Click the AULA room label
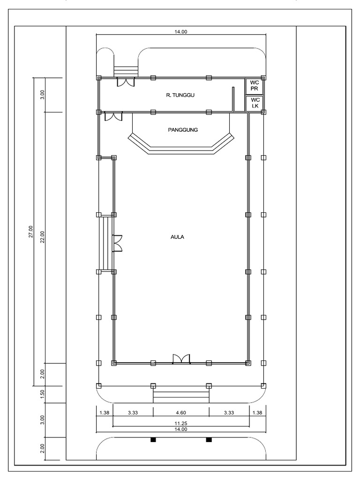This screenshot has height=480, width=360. coord(177,237)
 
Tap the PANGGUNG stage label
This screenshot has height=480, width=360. coord(183,130)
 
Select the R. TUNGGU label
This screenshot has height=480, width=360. coord(180,95)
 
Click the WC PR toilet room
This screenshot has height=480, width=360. coord(255,86)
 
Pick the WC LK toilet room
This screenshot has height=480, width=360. coord(255,104)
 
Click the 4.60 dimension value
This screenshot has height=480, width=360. coord(181,412)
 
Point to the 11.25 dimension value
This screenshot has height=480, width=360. coord(181,423)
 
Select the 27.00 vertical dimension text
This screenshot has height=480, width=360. coord(30,232)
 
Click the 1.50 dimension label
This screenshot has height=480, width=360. coord(42,393)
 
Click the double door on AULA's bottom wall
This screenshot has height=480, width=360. coord(181,359)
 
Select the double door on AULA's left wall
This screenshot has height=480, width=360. coord(118,243)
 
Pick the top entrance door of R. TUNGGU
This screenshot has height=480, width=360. coord(126,82)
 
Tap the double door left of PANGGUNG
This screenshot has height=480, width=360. coord(113,116)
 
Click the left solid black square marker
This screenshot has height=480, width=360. coord(153,440)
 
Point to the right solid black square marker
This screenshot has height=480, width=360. coord(209,440)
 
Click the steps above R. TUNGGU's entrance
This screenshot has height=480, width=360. coord(126,71)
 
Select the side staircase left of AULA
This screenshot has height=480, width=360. coord(106,243)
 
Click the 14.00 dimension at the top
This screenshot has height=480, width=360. coord(181,31)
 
